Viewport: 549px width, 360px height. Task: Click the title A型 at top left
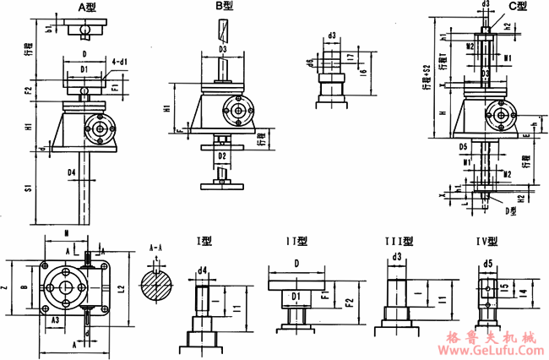[x=88, y=7]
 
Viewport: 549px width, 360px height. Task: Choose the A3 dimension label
[x=54, y=320]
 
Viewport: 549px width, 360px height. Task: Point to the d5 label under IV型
[x=489, y=263]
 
